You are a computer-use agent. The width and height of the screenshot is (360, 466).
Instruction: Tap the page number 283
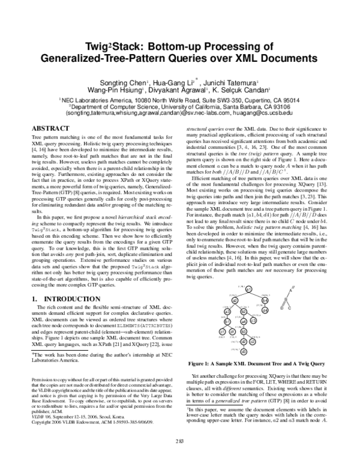(x=180, y=459)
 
